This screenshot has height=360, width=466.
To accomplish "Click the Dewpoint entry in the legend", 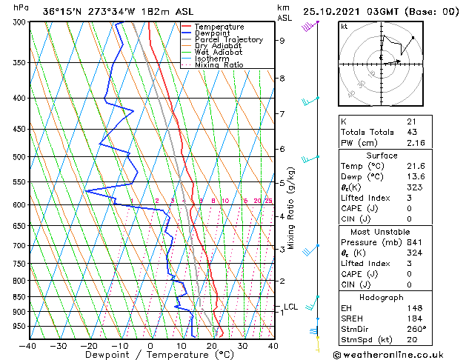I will (207, 33).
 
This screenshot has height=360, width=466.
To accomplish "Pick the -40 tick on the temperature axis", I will (28, 345).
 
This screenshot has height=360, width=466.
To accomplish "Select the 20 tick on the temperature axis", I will (212, 345).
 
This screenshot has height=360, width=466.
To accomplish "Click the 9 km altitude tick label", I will (282, 41).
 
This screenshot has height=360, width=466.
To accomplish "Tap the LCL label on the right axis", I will (291, 307).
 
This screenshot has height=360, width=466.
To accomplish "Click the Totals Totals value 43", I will (411, 132).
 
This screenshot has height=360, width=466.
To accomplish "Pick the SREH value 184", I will (414, 319).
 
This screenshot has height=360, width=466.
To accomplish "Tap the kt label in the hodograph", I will (344, 26).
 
